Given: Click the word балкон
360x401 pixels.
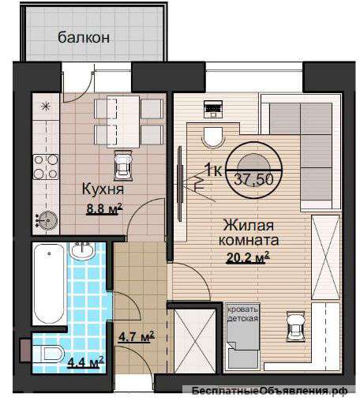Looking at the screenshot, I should pyautogui.click(x=83, y=36).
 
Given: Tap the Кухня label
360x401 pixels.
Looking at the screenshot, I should pyautogui.click(x=102, y=189).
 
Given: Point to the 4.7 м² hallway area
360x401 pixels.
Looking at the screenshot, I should pyautogui.click(x=136, y=337).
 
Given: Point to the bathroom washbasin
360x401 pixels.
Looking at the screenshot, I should pyautogui.click(x=82, y=253).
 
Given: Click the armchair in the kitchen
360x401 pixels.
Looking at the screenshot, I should pyautogui.click(x=123, y=165).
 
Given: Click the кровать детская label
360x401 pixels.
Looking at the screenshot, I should pyautogui.click(x=242, y=313).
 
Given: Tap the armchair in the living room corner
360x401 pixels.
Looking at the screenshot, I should pyautogui.click(x=294, y=324).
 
